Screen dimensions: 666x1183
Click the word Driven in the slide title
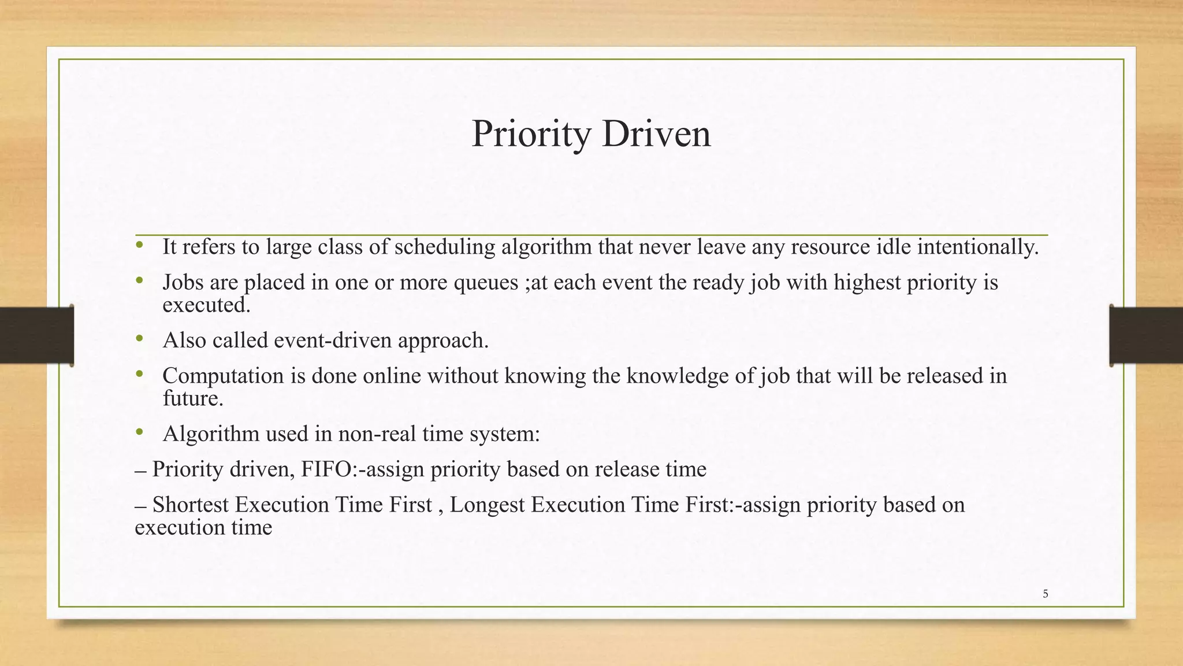tap(656, 134)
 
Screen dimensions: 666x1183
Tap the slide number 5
tap(1046, 594)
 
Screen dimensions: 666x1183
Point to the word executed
tap(206, 305)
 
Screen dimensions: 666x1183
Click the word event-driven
tap(333, 341)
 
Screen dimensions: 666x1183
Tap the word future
tap(192, 398)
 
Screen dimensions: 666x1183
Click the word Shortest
tap(191, 505)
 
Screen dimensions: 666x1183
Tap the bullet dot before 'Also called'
tap(139, 339)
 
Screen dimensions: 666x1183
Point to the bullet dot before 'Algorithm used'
tap(139, 432)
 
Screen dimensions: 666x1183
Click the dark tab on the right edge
tap(1146, 335)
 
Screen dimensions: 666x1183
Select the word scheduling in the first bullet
tap(445, 247)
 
